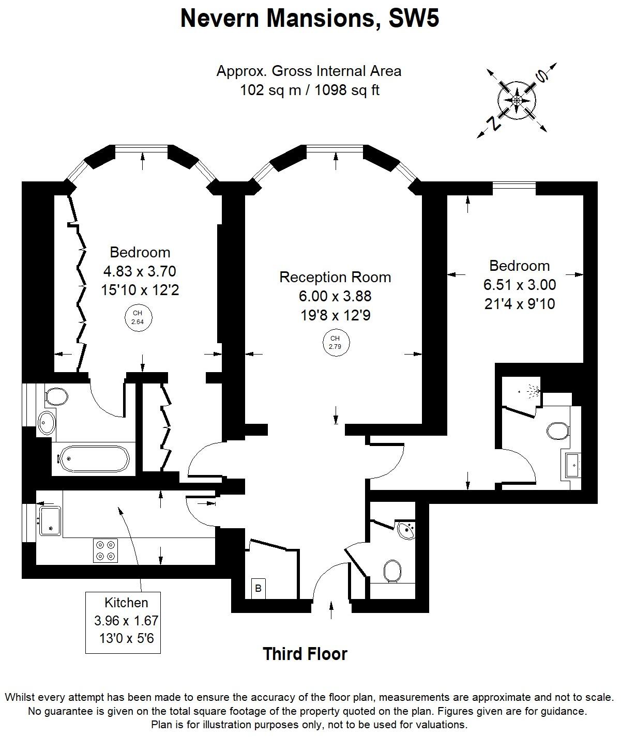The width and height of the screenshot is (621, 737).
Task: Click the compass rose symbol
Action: click(x=517, y=99)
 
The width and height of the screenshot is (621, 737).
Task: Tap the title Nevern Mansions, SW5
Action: click(x=310, y=19)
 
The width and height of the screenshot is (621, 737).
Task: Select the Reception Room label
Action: click(x=335, y=277)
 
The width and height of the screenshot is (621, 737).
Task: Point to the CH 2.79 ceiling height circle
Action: click(x=336, y=343)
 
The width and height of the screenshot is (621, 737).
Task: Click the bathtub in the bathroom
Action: click(x=94, y=458)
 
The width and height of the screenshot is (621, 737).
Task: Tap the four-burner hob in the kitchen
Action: click(x=105, y=550)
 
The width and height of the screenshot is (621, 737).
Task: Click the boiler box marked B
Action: click(x=258, y=588)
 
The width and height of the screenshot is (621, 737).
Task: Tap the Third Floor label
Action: click(x=305, y=654)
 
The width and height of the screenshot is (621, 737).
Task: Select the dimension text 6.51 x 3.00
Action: click(x=520, y=285)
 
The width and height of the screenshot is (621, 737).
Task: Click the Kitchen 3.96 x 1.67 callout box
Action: click(x=126, y=622)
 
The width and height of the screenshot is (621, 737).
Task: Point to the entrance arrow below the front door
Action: click(x=331, y=610)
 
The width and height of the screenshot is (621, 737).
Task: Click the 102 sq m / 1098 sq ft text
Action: click(x=309, y=90)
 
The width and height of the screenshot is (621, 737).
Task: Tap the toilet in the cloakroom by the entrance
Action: click(x=392, y=571)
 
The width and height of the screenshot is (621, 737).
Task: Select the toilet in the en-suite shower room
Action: click(x=557, y=430)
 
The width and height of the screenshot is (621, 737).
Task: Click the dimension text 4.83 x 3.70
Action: click(x=140, y=271)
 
